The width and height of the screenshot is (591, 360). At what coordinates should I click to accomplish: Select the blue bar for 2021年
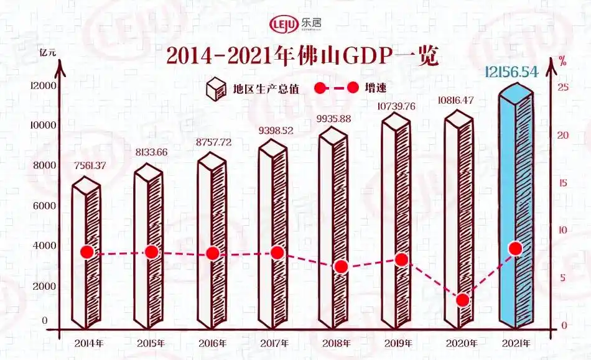516,211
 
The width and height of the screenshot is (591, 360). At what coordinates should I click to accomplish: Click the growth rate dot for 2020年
462,300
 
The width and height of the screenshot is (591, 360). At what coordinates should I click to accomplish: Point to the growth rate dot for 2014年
87,252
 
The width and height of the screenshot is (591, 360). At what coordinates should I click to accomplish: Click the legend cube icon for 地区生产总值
215,88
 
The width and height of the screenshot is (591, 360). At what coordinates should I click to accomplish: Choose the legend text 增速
377,88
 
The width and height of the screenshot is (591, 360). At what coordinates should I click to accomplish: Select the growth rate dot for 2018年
340,267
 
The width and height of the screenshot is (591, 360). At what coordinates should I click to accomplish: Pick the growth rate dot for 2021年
515,249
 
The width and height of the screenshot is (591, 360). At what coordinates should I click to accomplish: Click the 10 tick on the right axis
562,230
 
